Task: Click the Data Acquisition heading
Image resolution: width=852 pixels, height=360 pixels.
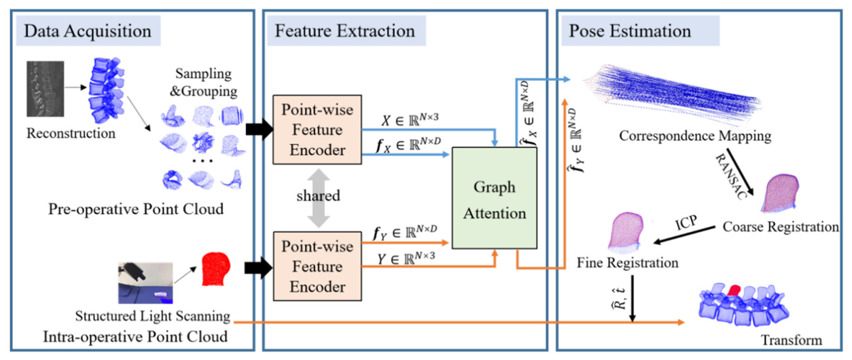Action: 88,31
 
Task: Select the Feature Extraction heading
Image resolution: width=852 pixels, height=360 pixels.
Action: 345,31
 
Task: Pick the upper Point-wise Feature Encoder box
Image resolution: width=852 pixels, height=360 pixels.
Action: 317,129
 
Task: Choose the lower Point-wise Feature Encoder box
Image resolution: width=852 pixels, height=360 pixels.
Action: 317,266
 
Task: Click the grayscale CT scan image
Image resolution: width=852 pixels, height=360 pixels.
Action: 45,89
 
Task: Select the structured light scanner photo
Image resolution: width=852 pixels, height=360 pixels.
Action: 145,283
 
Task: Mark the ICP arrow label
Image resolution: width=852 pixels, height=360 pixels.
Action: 686,223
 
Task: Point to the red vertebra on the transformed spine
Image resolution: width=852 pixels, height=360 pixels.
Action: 734,290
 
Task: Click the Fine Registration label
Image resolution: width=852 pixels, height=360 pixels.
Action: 627,263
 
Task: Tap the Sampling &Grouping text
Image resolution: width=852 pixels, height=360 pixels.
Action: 203,82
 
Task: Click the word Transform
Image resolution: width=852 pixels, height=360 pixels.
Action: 792,340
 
